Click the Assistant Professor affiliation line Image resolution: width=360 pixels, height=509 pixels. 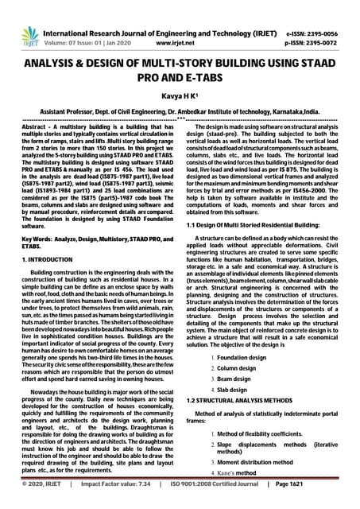pyautogui.click(x=180, y=113)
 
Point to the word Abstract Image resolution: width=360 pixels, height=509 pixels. pyautogui.click(x=35, y=128)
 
